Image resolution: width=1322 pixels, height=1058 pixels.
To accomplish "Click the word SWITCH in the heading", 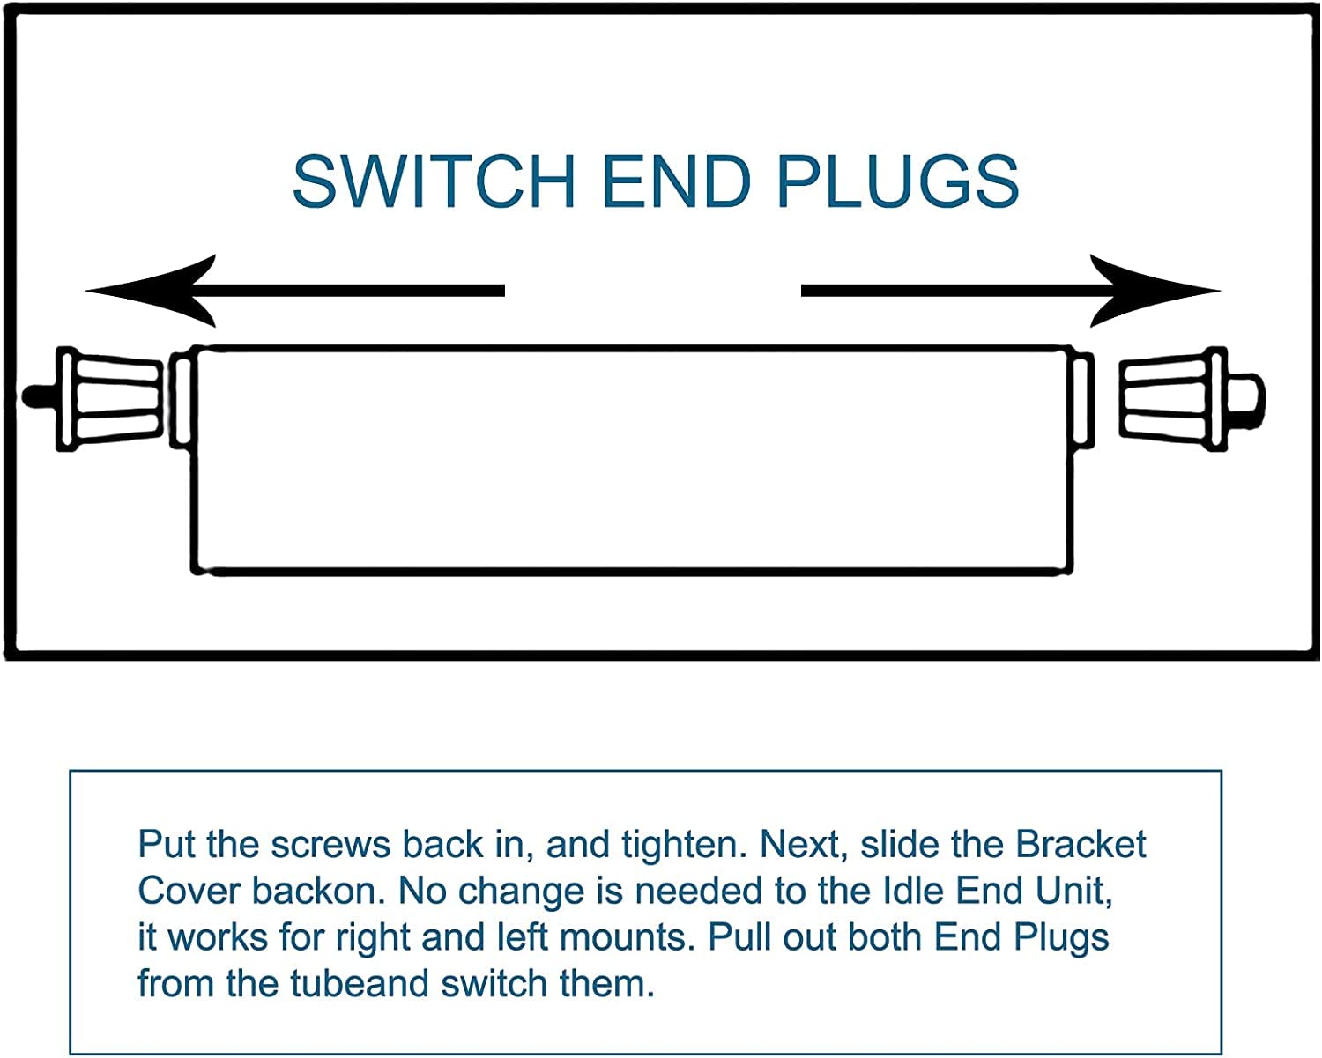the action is pos(434,181).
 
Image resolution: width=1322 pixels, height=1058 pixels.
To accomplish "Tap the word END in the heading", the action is pos(677,181).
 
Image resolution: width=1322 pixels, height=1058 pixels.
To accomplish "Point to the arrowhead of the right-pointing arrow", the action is pos(1155,291).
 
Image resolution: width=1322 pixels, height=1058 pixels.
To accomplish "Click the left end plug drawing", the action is pos(93,399).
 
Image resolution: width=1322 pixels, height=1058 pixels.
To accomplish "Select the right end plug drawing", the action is pos(1192,399).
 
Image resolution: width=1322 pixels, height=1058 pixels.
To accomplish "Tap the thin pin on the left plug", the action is pos(40,396).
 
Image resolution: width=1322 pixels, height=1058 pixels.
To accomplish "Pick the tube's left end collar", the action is pos(182,399).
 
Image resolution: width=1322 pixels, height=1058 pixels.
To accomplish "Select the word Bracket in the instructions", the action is pos(1081,844).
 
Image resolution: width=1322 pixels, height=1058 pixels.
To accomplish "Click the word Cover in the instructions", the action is pos(189,891).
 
